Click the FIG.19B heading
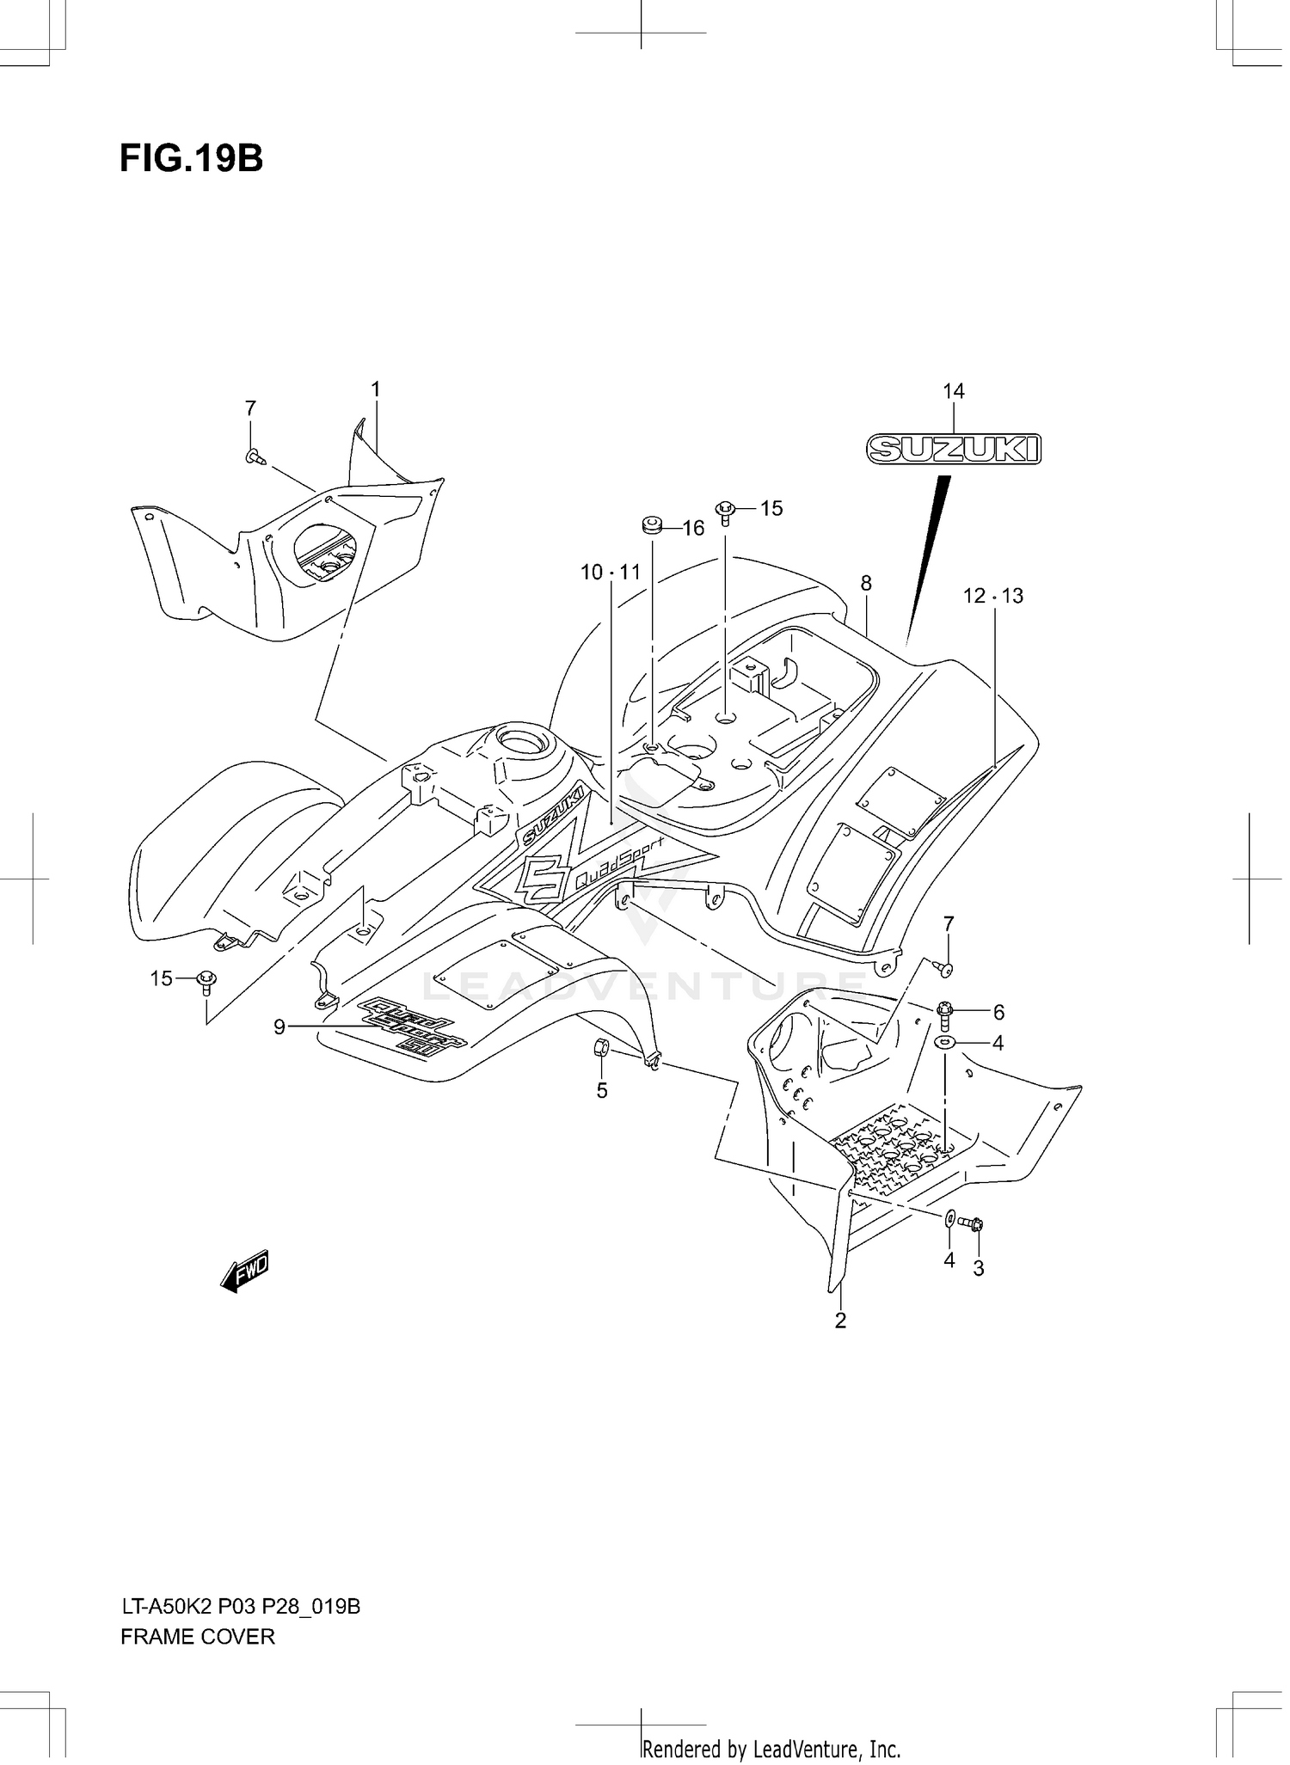tap(191, 158)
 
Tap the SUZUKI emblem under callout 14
tap(953, 449)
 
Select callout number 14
tap(953, 392)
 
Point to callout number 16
tap(693, 529)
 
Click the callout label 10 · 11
tap(611, 573)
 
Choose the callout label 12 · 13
tap(993, 596)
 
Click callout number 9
tap(279, 1027)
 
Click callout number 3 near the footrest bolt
tap(979, 1268)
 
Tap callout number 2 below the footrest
tap(840, 1321)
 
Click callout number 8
tap(866, 584)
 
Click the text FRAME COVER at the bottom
tap(198, 1638)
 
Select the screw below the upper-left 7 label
tap(254, 457)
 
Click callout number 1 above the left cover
tap(376, 389)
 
